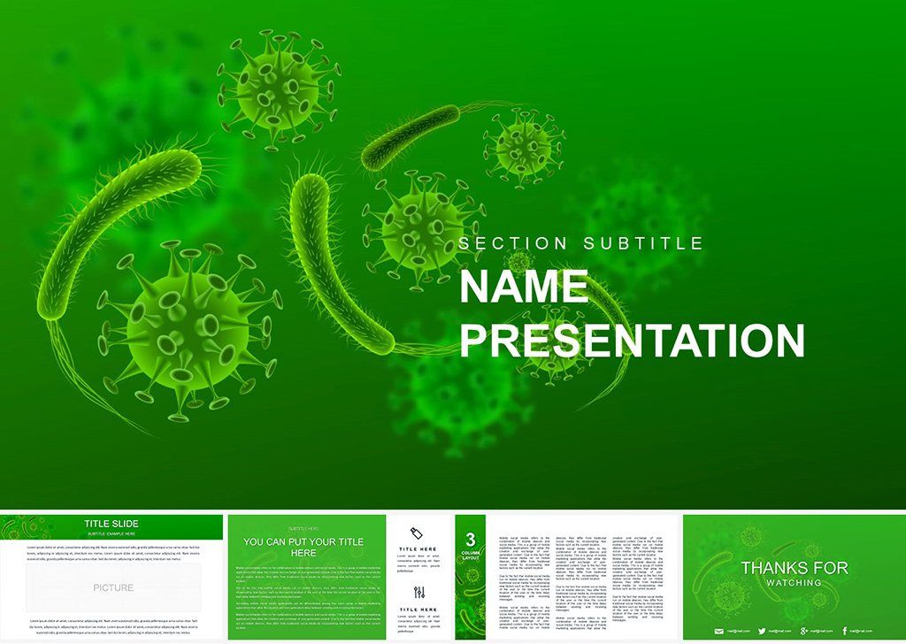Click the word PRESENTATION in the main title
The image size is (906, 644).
point(632,341)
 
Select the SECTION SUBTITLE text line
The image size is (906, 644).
point(581,243)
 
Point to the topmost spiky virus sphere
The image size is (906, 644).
point(278,88)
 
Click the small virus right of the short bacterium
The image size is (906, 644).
point(524,146)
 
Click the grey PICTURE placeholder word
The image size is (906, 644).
point(113,587)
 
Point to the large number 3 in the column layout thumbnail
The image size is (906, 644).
point(471,539)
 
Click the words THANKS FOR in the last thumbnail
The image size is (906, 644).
point(794,568)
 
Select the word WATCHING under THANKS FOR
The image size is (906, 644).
point(794,583)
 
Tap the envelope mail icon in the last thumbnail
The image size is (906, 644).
point(718,631)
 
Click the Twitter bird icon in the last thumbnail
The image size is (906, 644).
point(761,631)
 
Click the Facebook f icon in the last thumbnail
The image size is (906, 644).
point(845,631)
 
